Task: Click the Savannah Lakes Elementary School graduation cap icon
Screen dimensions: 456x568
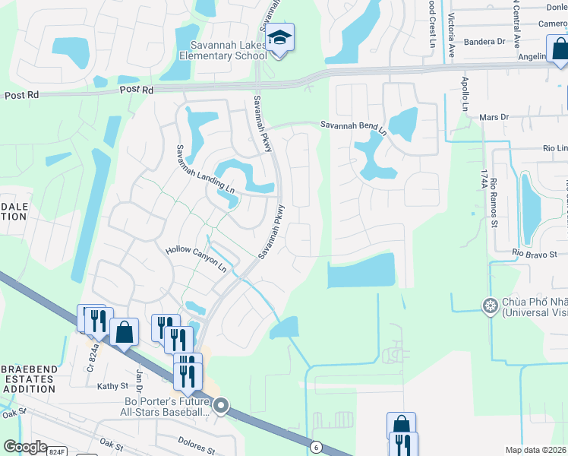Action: coord(279,37)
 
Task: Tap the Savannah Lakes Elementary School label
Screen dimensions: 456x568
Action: coord(222,50)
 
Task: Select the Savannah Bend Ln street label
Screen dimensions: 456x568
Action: coord(353,127)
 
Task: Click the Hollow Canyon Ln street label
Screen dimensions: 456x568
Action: coord(196,259)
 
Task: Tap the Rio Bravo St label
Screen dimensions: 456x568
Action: coord(535,253)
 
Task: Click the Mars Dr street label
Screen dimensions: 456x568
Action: coord(494,118)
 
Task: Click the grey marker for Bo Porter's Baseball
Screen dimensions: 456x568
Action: coord(221,406)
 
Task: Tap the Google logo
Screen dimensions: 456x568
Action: coord(25,447)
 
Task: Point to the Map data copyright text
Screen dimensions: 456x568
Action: coord(535,450)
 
